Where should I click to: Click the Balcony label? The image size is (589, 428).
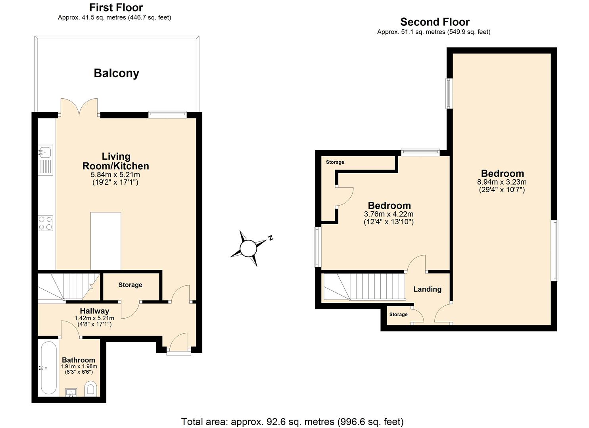click(116, 73)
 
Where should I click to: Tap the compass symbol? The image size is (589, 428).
click(249, 248)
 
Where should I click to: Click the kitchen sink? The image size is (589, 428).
click(45, 151)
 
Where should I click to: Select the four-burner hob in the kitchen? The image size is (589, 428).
click(46, 223)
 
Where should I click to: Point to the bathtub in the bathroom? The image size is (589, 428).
click(48, 367)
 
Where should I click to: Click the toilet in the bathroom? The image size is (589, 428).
click(91, 388)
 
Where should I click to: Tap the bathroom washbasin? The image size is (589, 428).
click(72, 392)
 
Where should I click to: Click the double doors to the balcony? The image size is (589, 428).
click(79, 108)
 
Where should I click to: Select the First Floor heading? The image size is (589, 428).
click(116, 8)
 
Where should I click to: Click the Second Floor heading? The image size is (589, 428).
click(435, 22)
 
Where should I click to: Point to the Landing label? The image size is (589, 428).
click(427, 289)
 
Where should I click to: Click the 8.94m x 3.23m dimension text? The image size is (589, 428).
click(502, 182)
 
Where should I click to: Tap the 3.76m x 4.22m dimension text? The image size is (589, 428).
click(389, 214)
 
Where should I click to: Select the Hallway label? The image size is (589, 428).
click(94, 311)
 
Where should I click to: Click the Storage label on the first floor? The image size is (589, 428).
click(130, 285)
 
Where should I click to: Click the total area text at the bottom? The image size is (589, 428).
click(292, 422)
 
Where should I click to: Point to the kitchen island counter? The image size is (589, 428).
click(106, 241)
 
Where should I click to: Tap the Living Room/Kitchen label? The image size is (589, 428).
click(116, 161)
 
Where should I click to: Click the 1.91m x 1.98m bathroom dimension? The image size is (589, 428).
click(79, 367)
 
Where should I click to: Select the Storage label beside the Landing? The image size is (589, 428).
click(398, 315)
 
